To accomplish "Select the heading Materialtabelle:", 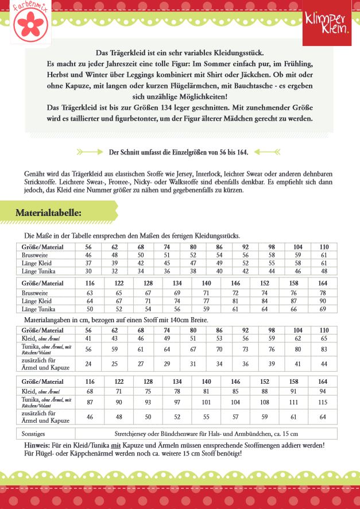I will (x=48, y=213).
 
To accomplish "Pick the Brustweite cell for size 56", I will (x=88, y=254).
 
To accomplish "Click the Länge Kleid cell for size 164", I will (x=323, y=301).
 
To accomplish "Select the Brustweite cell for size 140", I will (x=206, y=293).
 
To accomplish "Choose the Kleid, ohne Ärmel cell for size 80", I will (x=193, y=339).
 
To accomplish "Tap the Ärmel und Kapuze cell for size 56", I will (x=88, y=363).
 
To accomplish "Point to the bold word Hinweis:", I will (x=37, y=445).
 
